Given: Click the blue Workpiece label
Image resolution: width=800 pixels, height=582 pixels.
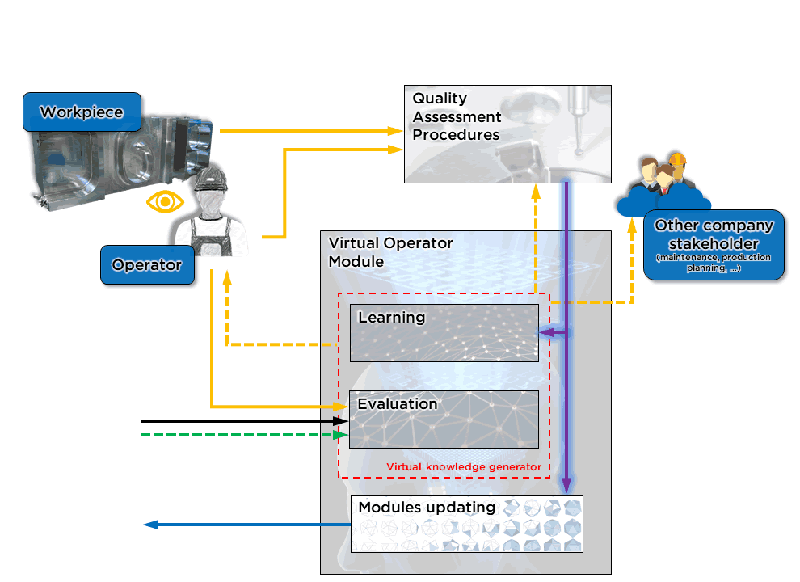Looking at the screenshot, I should point(82,112).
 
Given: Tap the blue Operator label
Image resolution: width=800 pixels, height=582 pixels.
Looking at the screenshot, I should point(147,265).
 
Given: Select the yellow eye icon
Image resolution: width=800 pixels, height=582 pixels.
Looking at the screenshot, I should point(165,201).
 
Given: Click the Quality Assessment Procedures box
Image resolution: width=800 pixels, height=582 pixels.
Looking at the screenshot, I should point(507,134).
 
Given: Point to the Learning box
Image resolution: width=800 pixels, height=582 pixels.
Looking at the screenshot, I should point(444,332).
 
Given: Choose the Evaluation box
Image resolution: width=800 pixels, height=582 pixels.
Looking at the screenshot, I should point(444,420).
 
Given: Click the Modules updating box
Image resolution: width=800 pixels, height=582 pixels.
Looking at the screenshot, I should point(466,523).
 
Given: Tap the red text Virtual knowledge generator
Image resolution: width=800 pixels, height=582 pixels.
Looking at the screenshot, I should point(463,467).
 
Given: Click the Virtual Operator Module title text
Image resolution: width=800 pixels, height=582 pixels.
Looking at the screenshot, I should point(390,252).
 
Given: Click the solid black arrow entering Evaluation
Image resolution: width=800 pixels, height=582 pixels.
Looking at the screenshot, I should point(242,421).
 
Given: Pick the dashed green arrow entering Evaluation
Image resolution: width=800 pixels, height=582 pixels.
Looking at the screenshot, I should point(242,435).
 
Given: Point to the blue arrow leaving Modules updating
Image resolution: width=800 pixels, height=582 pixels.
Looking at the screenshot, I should point(242,525).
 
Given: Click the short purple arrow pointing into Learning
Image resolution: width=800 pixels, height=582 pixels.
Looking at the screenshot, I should point(553,332).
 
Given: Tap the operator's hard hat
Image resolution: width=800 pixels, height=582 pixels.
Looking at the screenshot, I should point(208,178).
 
